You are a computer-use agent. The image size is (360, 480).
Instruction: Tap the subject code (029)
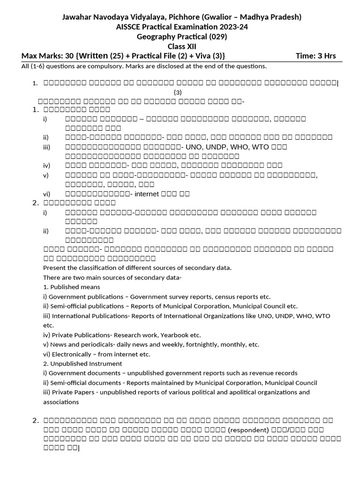click(x=212, y=37)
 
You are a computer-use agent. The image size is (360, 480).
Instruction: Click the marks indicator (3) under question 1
click(x=178, y=92)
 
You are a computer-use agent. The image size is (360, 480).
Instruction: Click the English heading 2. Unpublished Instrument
click(x=82, y=363)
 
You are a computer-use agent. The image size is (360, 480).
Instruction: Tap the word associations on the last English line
click(x=61, y=402)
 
